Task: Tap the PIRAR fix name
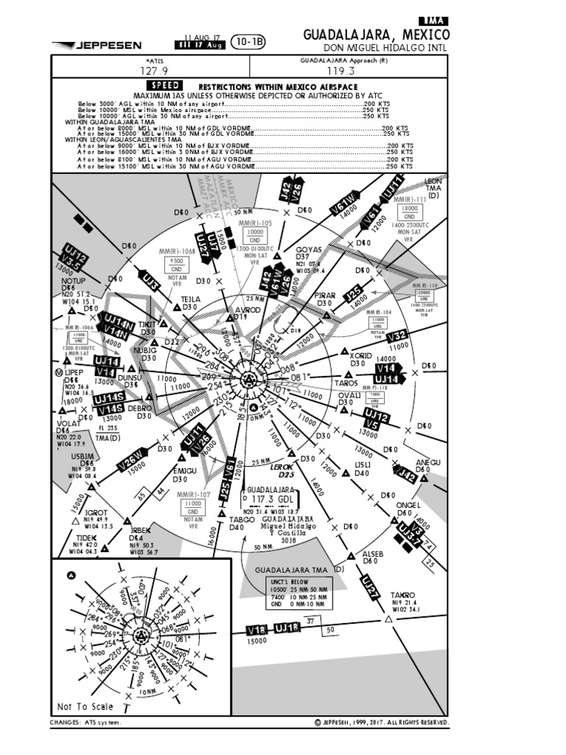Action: click(324, 296)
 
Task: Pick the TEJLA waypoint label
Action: click(191, 299)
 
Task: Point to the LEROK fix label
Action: click(282, 467)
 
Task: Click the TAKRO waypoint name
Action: click(403, 594)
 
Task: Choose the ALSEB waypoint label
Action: click(373, 554)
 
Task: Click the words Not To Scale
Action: click(85, 706)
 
